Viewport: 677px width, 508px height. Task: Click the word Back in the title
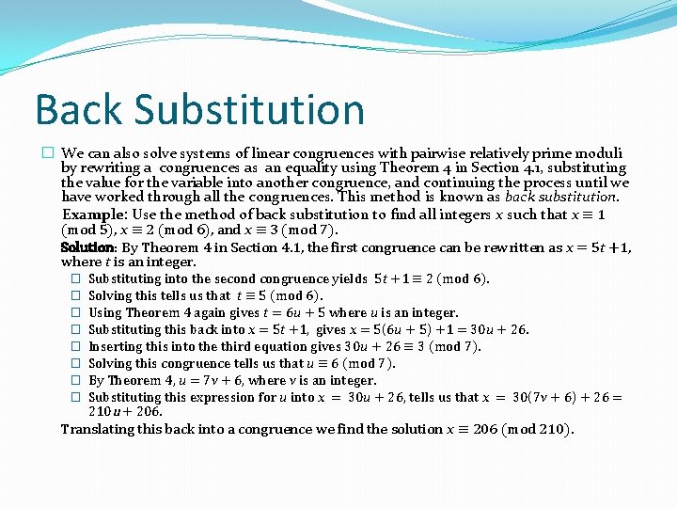(x=77, y=109)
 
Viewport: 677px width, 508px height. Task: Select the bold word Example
(x=94, y=214)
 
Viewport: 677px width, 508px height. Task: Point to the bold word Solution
(x=88, y=247)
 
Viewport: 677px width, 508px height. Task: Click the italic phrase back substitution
(x=561, y=198)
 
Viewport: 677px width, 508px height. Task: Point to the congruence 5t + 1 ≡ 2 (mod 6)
(x=432, y=278)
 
